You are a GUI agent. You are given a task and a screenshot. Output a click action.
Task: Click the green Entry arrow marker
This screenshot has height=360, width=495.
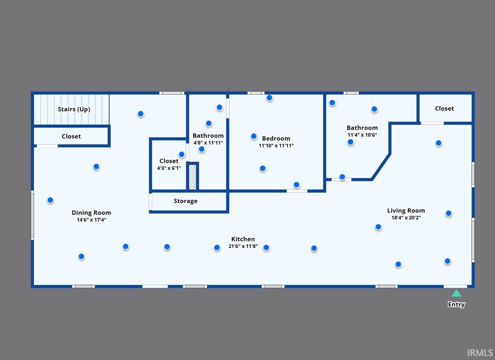(456, 294)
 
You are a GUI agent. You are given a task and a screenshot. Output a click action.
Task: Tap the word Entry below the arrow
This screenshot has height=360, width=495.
(456, 304)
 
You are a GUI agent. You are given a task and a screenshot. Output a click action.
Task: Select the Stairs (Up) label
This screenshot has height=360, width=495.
(74, 109)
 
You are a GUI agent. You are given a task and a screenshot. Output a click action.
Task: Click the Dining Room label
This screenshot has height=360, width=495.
(91, 213)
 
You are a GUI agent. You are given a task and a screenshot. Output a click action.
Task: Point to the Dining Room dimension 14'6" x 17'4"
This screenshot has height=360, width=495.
(91, 220)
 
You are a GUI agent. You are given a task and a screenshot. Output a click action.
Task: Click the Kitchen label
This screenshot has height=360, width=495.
(243, 239)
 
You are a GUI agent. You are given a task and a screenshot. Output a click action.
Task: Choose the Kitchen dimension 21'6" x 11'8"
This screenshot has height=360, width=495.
(243, 246)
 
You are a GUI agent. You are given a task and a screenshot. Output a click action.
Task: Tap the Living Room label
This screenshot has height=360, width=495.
(406, 211)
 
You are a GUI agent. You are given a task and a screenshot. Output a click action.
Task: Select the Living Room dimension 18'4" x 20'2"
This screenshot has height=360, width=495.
(406, 218)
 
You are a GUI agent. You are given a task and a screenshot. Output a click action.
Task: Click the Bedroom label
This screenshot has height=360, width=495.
(276, 138)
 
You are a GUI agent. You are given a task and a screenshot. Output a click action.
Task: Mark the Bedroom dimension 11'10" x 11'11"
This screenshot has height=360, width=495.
(276, 146)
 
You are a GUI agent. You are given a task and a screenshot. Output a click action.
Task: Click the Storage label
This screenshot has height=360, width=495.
(186, 201)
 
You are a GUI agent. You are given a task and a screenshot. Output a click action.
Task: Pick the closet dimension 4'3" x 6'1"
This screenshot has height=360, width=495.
(169, 168)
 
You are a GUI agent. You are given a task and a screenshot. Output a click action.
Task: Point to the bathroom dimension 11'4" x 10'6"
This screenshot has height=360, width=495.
(362, 135)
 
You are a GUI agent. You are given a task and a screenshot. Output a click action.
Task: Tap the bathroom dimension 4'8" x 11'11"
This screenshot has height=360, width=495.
(208, 143)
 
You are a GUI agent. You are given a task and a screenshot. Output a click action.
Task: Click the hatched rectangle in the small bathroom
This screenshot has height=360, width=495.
(192, 177)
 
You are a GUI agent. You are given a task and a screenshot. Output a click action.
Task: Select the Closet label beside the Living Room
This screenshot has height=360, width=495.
(444, 108)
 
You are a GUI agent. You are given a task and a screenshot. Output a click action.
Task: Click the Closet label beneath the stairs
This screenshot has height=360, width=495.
(71, 136)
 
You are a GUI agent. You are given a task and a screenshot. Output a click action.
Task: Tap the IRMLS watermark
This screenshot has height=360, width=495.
(480, 353)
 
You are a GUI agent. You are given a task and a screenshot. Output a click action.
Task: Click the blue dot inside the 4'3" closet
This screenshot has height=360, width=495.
(182, 154)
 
